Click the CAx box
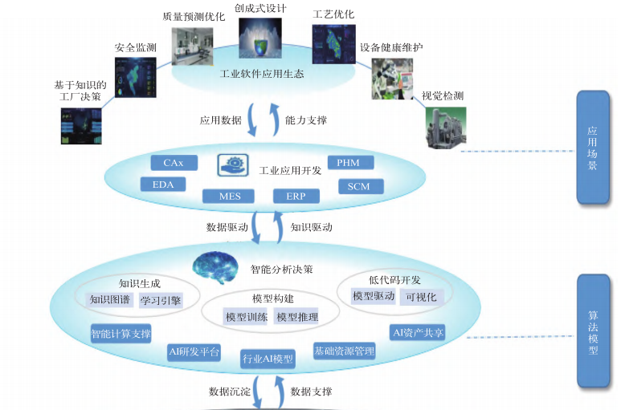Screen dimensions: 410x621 point(173,163)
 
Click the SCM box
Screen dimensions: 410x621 point(358,186)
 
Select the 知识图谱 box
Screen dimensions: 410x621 point(109,300)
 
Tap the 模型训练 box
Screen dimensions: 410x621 point(247,317)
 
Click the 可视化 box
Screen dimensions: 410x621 point(420,297)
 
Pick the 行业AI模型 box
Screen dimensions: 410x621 point(268,358)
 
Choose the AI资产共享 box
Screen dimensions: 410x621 point(417,332)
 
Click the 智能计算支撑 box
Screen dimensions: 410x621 point(121,332)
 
